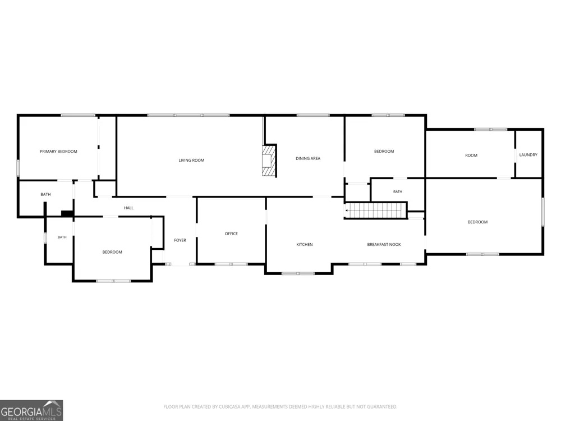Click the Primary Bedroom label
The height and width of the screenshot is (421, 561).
pos(58,152)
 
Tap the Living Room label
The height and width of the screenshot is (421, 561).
pos(191,161)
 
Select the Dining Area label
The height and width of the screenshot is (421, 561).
pos(308,158)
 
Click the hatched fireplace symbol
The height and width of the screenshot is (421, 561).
pos(269,161)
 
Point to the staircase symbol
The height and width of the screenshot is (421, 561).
pos(376,210)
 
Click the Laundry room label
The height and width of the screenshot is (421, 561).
pos(528,155)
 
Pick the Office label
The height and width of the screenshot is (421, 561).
pos(231,234)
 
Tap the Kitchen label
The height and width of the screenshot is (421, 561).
pos(305,245)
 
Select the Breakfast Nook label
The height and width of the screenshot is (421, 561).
pos(384,245)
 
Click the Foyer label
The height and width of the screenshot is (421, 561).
pos(180,240)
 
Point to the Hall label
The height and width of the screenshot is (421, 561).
pos(128,208)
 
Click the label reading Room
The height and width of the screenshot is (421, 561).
pos(471,155)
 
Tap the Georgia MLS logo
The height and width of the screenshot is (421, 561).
pos(31,410)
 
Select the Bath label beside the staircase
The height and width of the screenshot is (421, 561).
pos(398,192)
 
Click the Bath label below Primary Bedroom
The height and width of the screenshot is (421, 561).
pos(45,194)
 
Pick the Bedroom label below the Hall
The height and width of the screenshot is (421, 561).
pos(112,252)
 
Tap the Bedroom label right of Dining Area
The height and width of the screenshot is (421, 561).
pos(384,152)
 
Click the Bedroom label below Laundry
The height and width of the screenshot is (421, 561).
pos(477,222)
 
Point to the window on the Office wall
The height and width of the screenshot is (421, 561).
pos(231,264)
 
